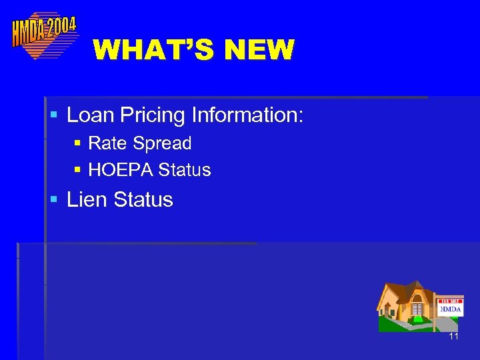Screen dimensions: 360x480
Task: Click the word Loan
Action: (91, 115)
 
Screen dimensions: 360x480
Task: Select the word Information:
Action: (247, 115)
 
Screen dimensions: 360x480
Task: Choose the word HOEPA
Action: (121, 171)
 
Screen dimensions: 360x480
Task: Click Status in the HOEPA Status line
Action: (185, 171)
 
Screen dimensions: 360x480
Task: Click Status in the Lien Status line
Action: (143, 199)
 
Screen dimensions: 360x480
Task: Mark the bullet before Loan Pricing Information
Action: (55, 116)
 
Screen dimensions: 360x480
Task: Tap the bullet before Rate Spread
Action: (77, 144)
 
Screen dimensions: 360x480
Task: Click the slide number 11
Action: (453, 337)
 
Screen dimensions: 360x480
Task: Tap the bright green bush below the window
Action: (418, 319)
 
